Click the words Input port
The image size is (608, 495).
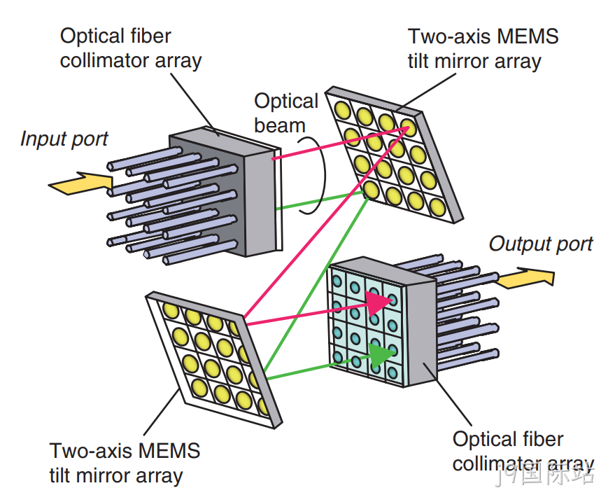click(64, 139)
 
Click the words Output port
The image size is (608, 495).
click(541, 244)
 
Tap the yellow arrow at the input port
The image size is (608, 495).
click(80, 183)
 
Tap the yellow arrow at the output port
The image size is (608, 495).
click(526, 278)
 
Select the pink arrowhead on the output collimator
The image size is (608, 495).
click(378, 303)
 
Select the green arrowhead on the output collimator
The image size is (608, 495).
click(381, 355)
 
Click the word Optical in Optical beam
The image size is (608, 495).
click(286, 102)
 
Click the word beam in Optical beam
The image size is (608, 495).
click(280, 126)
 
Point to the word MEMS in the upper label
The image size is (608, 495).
click(528, 36)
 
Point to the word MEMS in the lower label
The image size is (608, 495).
click(169, 451)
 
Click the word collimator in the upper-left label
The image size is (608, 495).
click(105, 61)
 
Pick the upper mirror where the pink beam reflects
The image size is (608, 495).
click(407, 127)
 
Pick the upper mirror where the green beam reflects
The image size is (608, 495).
click(371, 190)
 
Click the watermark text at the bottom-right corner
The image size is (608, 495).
click(544, 475)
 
